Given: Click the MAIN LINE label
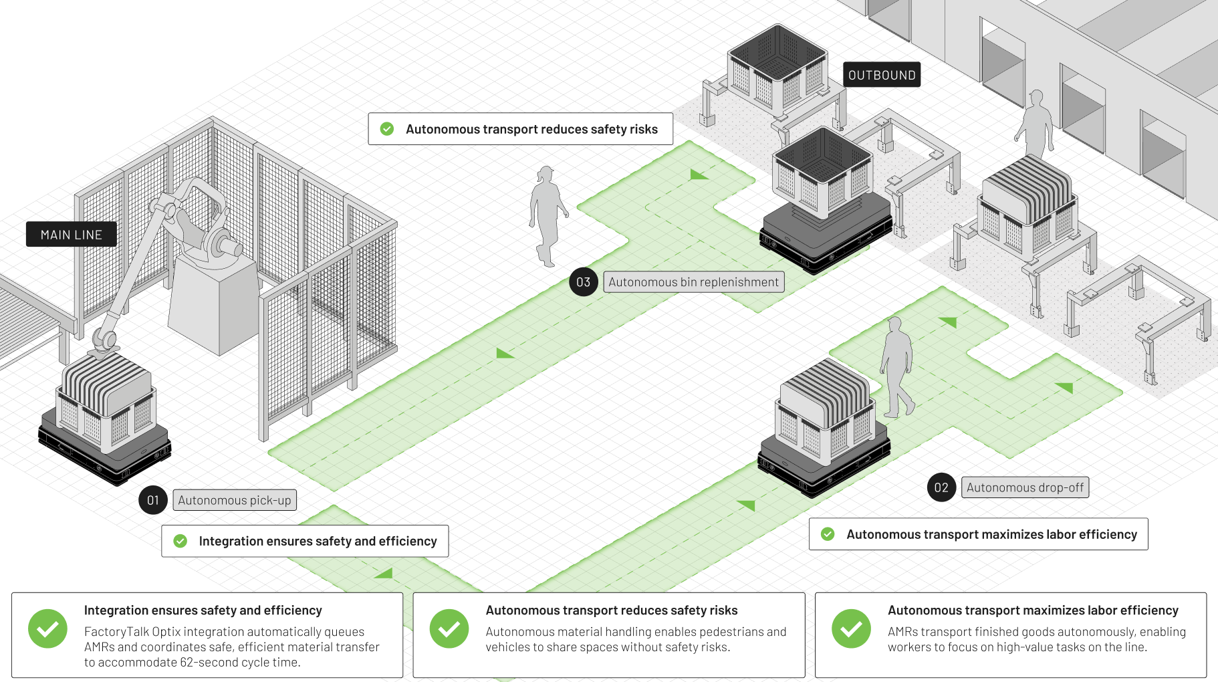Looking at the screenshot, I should pyautogui.click(x=71, y=235).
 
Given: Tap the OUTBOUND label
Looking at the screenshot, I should pyautogui.click(x=882, y=75).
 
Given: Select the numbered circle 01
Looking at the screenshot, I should pyautogui.click(x=153, y=500).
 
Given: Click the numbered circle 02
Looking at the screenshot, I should pyautogui.click(x=941, y=487).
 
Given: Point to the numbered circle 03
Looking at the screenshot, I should pyautogui.click(x=583, y=282).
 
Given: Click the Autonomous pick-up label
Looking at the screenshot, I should pyautogui.click(x=235, y=500).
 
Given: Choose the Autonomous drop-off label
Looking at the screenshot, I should pyautogui.click(x=1025, y=487).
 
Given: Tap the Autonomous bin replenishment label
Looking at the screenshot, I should pyautogui.click(x=693, y=282).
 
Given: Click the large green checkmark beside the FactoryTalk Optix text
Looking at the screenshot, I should pyautogui.click(x=47, y=629).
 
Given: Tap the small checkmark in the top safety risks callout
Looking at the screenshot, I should pyautogui.click(x=387, y=129).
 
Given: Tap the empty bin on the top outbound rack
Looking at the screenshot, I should pyautogui.click(x=777, y=67).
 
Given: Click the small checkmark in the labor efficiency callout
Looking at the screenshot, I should pyautogui.click(x=828, y=534).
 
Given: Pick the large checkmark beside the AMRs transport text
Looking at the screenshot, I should pyautogui.click(x=851, y=629).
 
